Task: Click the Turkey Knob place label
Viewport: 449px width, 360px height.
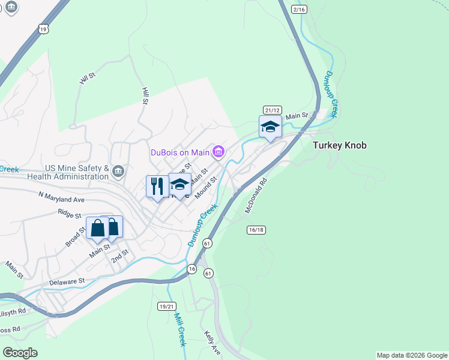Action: click(x=339, y=145)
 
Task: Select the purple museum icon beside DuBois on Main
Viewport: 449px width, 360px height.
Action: click(x=218, y=152)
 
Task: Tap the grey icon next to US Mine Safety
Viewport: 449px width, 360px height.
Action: click(x=118, y=173)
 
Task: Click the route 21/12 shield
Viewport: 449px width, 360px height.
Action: click(x=272, y=110)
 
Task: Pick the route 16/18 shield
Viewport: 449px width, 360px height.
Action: click(x=256, y=230)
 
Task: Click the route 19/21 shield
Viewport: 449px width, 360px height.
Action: click(x=167, y=306)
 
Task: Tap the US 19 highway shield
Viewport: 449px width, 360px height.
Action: click(x=41, y=28)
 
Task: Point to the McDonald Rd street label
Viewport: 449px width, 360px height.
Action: click(x=255, y=196)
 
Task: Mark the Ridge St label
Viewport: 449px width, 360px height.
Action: click(x=70, y=212)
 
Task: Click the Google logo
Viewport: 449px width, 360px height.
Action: click(x=20, y=352)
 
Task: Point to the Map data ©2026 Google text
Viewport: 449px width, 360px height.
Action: click(x=412, y=355)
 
